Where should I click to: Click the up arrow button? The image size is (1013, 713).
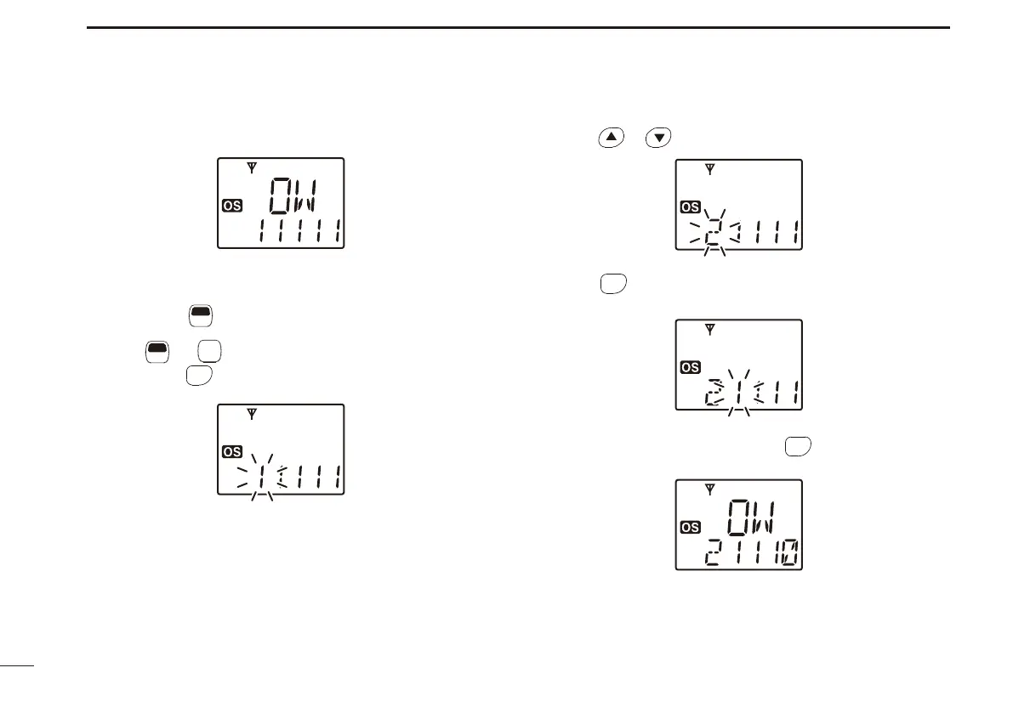[x=610, y=138]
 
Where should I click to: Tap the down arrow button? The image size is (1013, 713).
[x=658, y=138]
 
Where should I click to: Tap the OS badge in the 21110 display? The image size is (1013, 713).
[x=691, y=527]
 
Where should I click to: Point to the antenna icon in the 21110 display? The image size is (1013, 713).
[x=710, y=490]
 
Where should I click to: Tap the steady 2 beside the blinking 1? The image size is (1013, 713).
[x=711, y=395]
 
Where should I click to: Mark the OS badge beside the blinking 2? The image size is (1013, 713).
[x=691, y=207]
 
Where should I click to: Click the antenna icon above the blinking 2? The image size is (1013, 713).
[x=710, y=170]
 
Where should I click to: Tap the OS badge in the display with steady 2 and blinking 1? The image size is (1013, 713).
[x=691, y=367]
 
